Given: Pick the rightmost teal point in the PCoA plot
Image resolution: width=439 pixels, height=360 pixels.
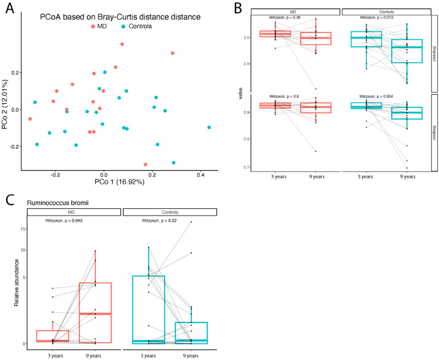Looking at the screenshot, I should point(210,128).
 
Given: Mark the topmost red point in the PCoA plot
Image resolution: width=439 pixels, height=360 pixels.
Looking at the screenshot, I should point(122,44).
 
